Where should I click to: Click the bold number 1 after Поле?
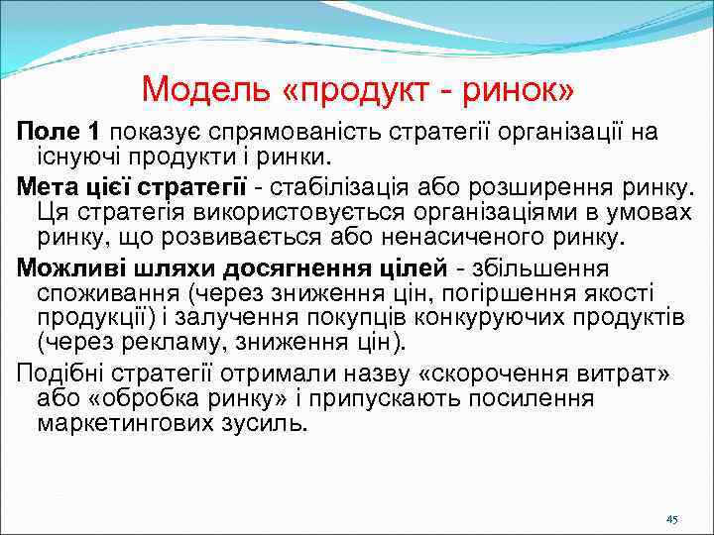tap(93, 132)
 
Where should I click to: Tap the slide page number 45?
tap(671, 519)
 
